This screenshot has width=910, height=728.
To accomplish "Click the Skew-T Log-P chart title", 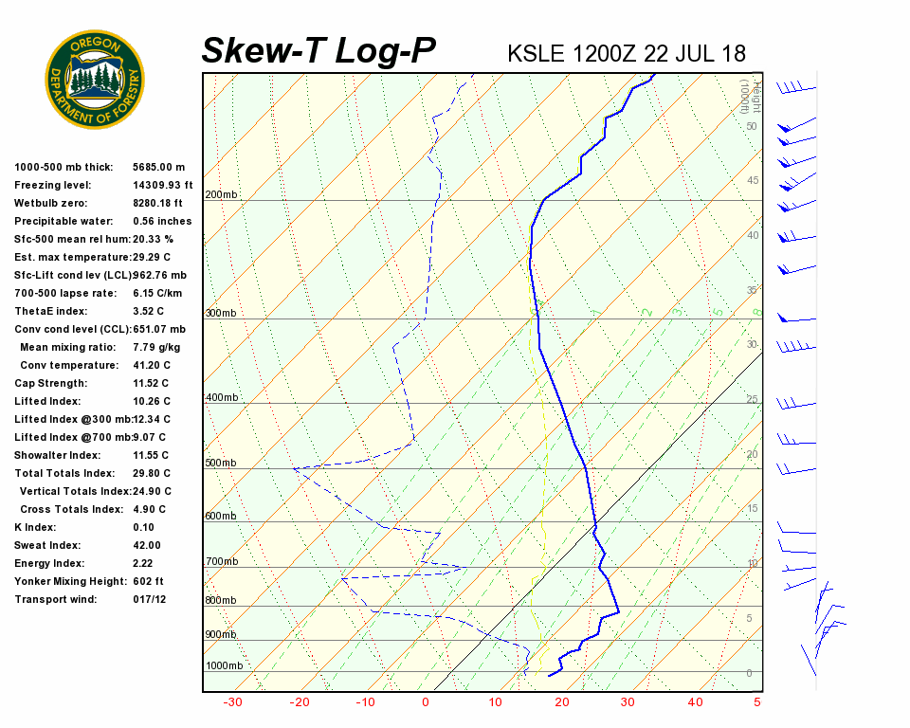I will [318, 51].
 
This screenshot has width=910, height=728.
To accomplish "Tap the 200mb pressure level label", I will [221, 195].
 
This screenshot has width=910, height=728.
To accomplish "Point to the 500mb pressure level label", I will [221, 464].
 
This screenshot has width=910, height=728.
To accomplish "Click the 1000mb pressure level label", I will [224, 665].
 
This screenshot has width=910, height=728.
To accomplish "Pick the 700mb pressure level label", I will [221, 562].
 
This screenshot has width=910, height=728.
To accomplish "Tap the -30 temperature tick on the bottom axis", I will [231, 702].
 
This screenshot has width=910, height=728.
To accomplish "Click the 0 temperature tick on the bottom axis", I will [425, 702].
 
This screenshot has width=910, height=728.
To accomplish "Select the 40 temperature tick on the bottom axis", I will [696, 702].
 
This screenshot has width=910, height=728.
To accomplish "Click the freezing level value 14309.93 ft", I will [163, 185].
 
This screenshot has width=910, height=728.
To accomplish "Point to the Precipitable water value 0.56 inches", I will [162, 221].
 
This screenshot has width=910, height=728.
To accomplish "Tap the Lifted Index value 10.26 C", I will [152, 401].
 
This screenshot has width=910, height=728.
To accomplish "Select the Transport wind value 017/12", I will [150, 599].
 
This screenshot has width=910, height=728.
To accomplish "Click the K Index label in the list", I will [35, 527].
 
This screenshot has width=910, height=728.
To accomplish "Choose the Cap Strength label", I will [50, 383].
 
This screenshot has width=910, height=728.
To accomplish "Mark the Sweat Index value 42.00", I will [146, 545].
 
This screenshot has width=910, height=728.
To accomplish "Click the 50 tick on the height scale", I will [751, 126].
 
